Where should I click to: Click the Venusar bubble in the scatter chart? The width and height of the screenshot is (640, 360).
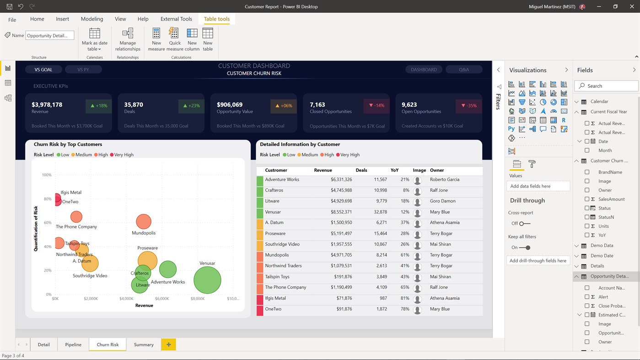coord(207,279)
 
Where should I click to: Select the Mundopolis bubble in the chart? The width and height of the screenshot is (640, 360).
coord(144,221)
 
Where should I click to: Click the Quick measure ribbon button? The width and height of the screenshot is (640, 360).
coord(174,39)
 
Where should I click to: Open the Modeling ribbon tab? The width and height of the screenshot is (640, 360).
coord(92,19)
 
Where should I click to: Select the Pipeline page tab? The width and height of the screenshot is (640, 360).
coord(73,344)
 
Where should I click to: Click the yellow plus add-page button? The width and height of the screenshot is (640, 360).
coord(168,344)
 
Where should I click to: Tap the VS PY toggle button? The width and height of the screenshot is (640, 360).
coord(83,70)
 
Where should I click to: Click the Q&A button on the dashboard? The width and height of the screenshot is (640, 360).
coord(463,70)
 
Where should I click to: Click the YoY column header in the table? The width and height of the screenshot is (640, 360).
coord(394,170)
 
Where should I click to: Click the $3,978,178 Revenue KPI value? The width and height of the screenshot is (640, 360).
coord(47,105)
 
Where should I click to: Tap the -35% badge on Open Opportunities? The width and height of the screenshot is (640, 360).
coord(468,106)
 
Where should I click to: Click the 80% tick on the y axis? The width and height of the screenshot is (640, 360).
coord(47,199)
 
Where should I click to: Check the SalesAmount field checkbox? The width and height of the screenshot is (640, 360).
coord(587,199)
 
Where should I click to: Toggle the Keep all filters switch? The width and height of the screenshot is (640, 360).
coord(525,247)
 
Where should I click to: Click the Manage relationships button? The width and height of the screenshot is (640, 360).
coord(128,39)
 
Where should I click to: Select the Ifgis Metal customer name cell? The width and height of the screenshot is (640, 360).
coord(275,298)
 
